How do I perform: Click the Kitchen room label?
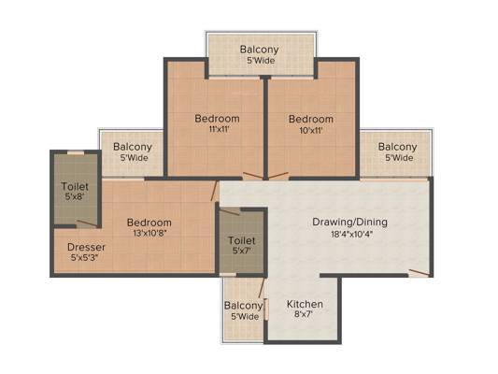pos(305,304)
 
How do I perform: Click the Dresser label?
pos(86,247)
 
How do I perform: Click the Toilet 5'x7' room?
pos(242,246)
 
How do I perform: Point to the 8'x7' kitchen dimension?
pos(305,317)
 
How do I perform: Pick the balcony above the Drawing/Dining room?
pos(397,151)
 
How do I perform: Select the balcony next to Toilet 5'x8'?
pos(133,151)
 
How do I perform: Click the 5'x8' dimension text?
pos(75,197)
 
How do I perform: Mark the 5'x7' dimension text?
pos(242,252)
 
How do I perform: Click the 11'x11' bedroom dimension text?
pos(217,130)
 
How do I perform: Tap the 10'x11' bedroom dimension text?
pos(310,130)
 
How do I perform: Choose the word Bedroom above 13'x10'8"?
pos(149,222)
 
